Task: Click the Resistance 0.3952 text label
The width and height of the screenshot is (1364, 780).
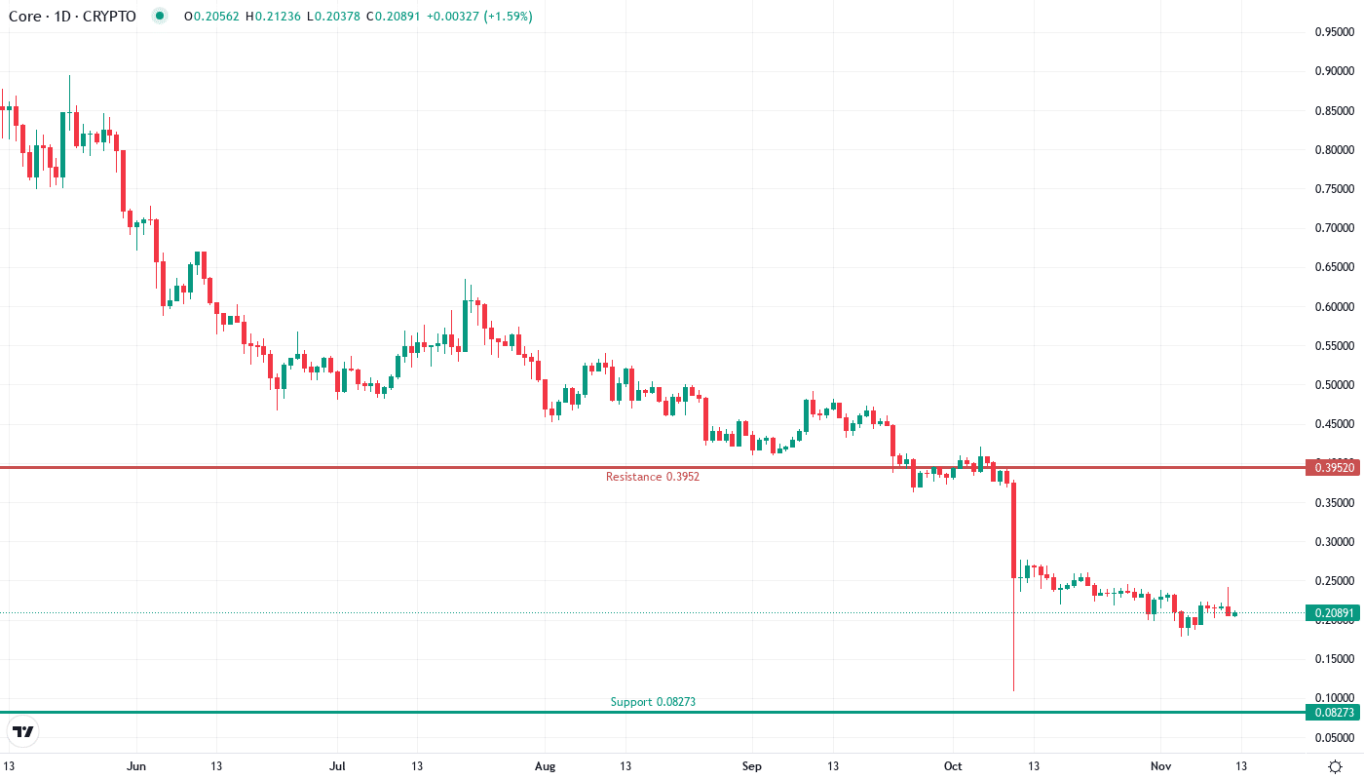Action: tap(652, 477)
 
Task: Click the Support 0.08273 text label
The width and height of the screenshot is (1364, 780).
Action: tap(653, 702)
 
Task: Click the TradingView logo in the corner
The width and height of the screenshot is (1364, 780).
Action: tap(23, 731)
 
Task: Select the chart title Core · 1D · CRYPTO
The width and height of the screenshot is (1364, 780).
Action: tap(72, 17)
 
